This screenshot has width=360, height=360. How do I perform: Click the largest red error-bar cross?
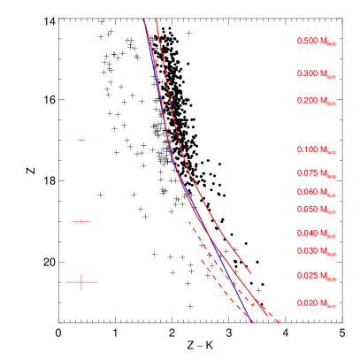[x=81, y=282]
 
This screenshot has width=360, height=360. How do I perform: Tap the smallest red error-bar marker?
[x=81, y=140]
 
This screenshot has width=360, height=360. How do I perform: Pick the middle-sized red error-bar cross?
[x=81, y=221]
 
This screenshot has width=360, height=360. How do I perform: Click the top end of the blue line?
[x=144, y=21]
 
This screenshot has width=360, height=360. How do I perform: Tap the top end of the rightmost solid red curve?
[x=157, y=19]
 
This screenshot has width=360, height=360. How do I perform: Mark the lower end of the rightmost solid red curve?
[x=251, y=273]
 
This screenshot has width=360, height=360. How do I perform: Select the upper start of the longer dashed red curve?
[x=188, y=220]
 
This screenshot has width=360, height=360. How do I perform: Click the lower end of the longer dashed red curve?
[x=280, y=322]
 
